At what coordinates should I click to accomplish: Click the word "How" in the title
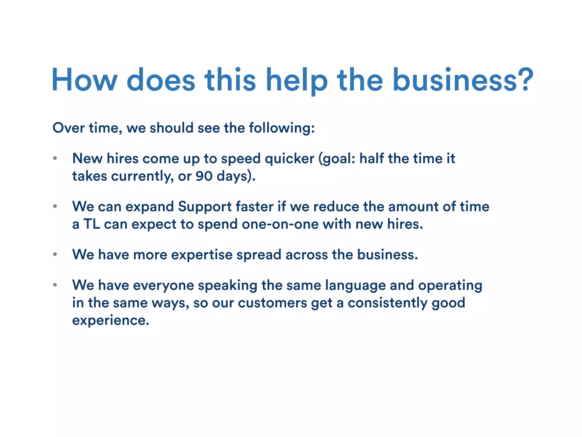coord(84,80)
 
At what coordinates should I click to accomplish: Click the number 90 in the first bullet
coord(204,176)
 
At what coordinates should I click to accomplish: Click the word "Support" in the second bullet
coord(205,207)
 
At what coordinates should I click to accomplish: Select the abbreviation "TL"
coord(92,224)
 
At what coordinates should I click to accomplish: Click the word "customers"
coord(272,303)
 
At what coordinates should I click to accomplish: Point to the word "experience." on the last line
coord(111,320)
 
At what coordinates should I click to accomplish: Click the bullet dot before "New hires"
coord(55,158)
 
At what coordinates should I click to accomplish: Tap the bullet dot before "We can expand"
coord(55,206)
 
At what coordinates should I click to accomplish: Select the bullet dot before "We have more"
coord(55,254)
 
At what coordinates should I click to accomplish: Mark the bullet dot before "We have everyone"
coord(55,285)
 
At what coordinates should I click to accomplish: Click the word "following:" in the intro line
coord(282,128)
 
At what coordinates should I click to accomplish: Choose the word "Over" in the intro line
coord(68,128)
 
